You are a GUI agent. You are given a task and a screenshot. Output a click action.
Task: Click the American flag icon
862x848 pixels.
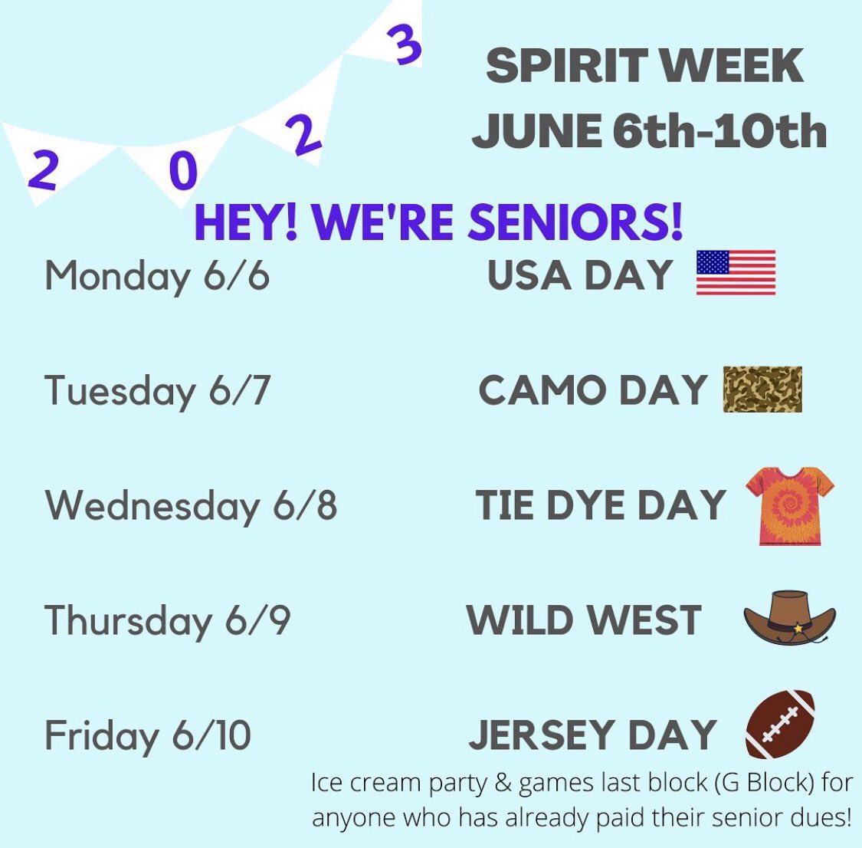click(736, 273)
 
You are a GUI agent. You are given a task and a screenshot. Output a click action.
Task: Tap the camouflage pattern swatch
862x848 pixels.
click(762, 389)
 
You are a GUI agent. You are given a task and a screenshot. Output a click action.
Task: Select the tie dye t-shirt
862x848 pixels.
click(790, 506)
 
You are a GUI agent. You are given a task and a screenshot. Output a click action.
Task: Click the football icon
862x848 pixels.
click(780, 724)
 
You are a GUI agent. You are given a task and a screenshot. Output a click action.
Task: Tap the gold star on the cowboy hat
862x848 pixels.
click(799, 628)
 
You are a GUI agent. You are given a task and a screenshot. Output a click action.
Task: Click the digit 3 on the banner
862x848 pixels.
click(406, 44)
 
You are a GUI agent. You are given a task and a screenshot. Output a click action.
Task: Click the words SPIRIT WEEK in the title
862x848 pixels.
click(644, 66)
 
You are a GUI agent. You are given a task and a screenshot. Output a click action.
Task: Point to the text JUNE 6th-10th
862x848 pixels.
click(649, 130)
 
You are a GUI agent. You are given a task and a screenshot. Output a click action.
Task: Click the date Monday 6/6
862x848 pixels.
click(157, 276)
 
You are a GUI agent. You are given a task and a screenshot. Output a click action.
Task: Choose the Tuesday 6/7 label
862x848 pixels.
click(157, 391)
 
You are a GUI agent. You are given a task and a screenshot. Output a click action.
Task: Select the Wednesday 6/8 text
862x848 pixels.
click(191, 506)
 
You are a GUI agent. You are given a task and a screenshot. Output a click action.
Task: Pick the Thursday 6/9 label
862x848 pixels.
click(167, 620)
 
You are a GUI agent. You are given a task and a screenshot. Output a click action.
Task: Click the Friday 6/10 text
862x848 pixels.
click(147, 735)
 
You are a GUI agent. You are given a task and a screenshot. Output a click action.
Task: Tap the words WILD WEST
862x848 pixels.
click(584, 620)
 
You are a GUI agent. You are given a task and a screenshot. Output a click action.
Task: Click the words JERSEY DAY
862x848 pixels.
click(592, 735)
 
